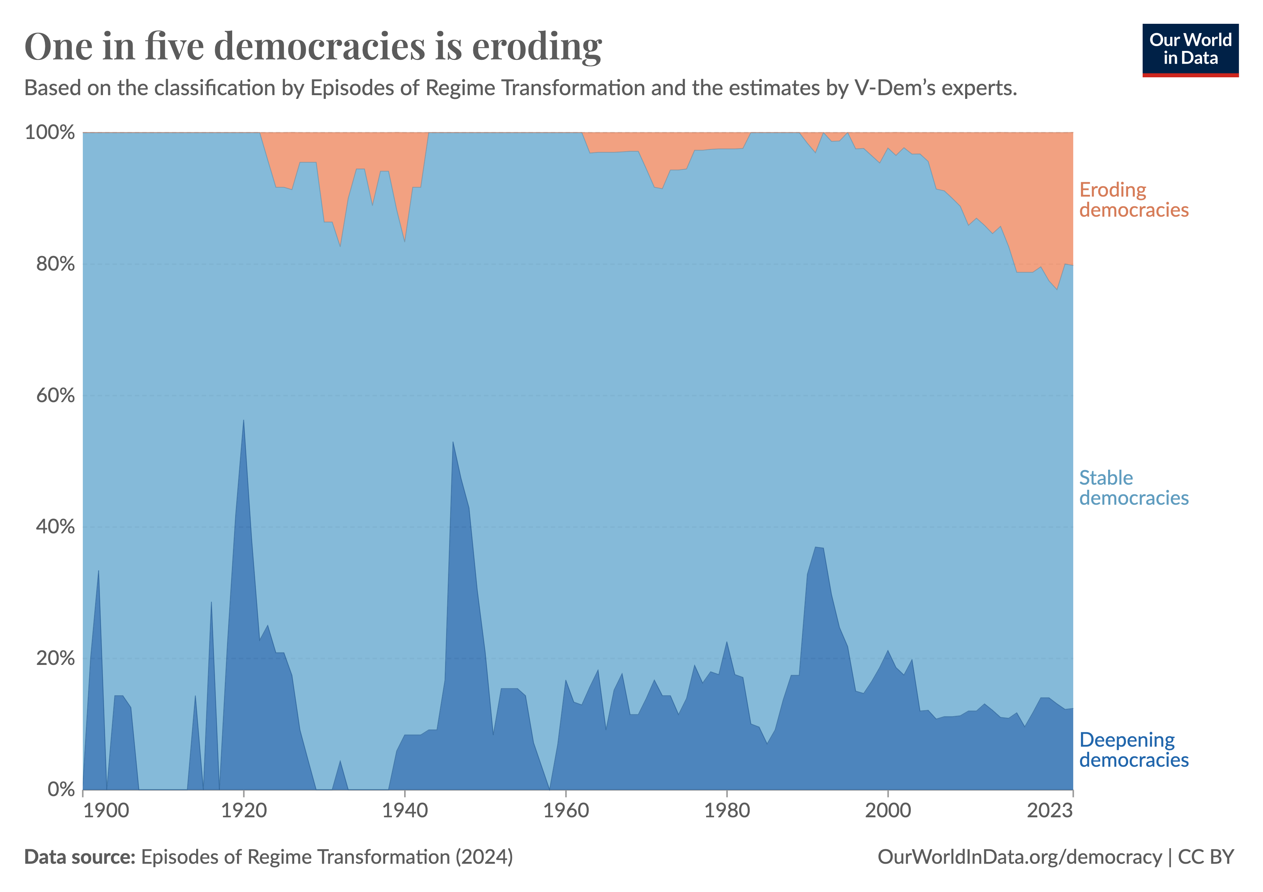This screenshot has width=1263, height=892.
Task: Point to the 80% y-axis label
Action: pyautogui.click(x=55, y=264)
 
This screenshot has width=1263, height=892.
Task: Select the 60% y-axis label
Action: pyautogui.click(x=55, y=396)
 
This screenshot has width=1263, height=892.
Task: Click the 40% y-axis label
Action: pyautogui.click(x=55, y=527)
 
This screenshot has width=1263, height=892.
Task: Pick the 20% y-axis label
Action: pyautogui.click(x=55, y=658)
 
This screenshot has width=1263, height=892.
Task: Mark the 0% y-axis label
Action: pyautogui.click(x=61, y=790)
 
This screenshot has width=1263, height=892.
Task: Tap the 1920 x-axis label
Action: pyautogui.click(x=244, y=811)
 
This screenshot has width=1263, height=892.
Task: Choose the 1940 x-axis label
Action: pyautogui.click(x=405, y=811)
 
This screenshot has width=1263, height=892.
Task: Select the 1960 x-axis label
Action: pyautogui.click(x=566, y=811)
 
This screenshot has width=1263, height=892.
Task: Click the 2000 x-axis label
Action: pyautogui.click(x=888, y=811)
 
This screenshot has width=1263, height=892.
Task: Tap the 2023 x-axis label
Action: pyautogui.click(x=1049, y=811)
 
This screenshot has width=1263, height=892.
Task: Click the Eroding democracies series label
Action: pyautogui.click(x=1133, y=200)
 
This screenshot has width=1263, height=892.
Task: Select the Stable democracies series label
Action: pyautogui.click(x=1133, y=488)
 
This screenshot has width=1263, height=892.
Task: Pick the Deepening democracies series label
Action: pyautogui.click(x=1133, y=750)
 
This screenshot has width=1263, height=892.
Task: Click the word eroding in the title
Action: pyautogui.click(x=537, y=47)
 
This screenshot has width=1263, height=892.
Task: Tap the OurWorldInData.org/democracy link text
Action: pyautogui.click(x=1019, y=857)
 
